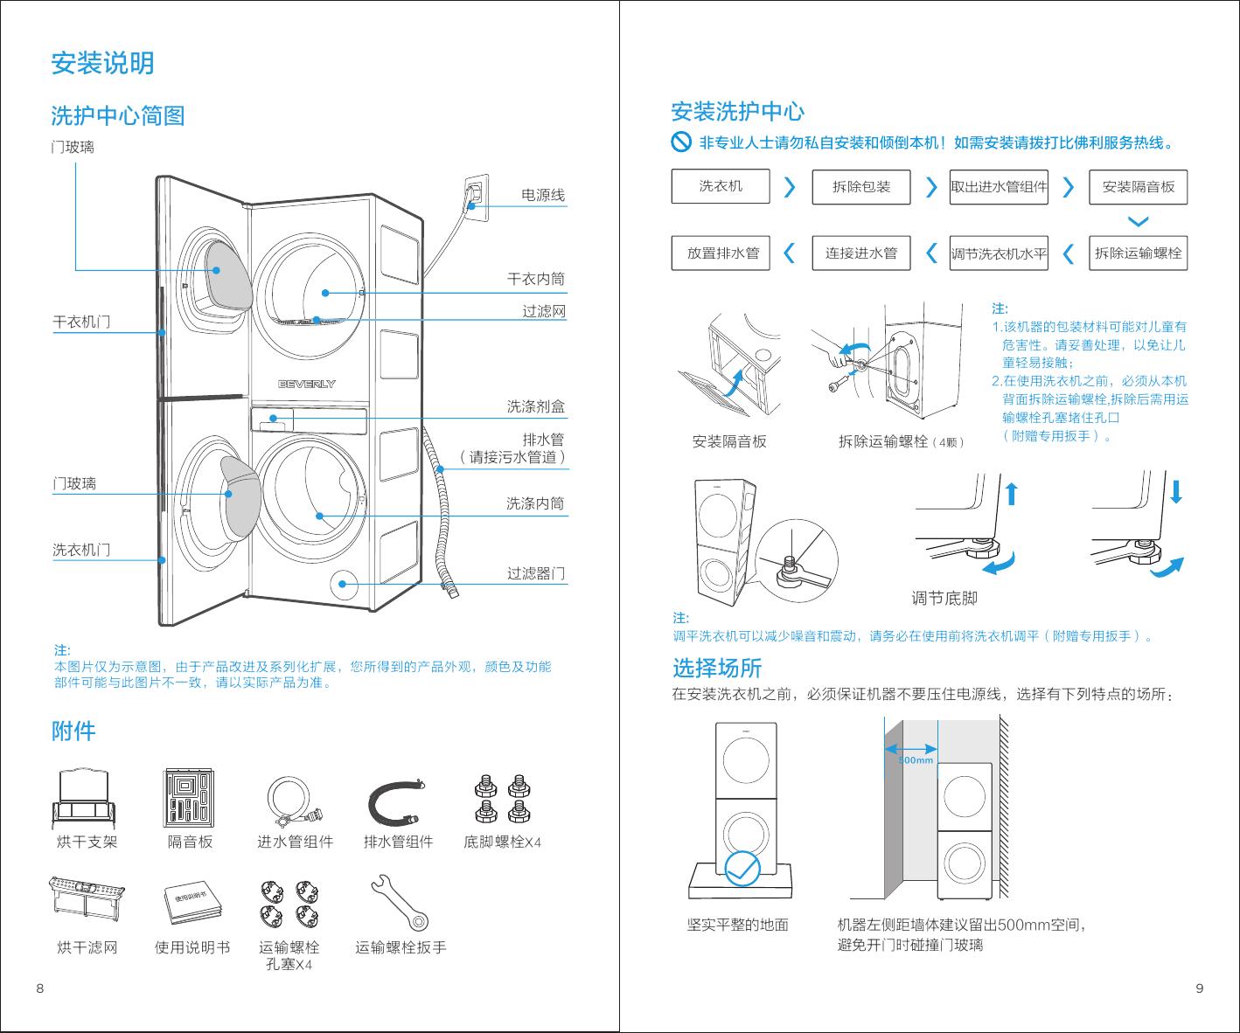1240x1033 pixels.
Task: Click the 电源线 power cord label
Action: click(542, 195)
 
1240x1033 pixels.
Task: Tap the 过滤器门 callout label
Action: click(536, 573)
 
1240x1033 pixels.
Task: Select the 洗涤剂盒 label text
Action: click(536, 406)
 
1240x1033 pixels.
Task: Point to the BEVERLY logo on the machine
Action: click(307, 384)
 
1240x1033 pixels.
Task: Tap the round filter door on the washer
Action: click(343, 585)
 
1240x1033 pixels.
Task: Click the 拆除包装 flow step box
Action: click(861, 187)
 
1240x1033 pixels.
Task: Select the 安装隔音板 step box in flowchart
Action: click(1138, 187)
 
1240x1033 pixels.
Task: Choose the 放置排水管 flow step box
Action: click(721, 253)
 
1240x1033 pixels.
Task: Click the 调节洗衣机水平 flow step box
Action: click(999, 254)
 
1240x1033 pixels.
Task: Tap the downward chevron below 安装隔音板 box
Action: click(1139, 221)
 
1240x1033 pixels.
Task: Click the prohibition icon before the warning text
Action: click(681, 142)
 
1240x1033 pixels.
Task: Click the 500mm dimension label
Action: click(916, 760)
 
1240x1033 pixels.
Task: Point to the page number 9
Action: click(1200, 988)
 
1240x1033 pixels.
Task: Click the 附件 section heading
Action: click(73, 731)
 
